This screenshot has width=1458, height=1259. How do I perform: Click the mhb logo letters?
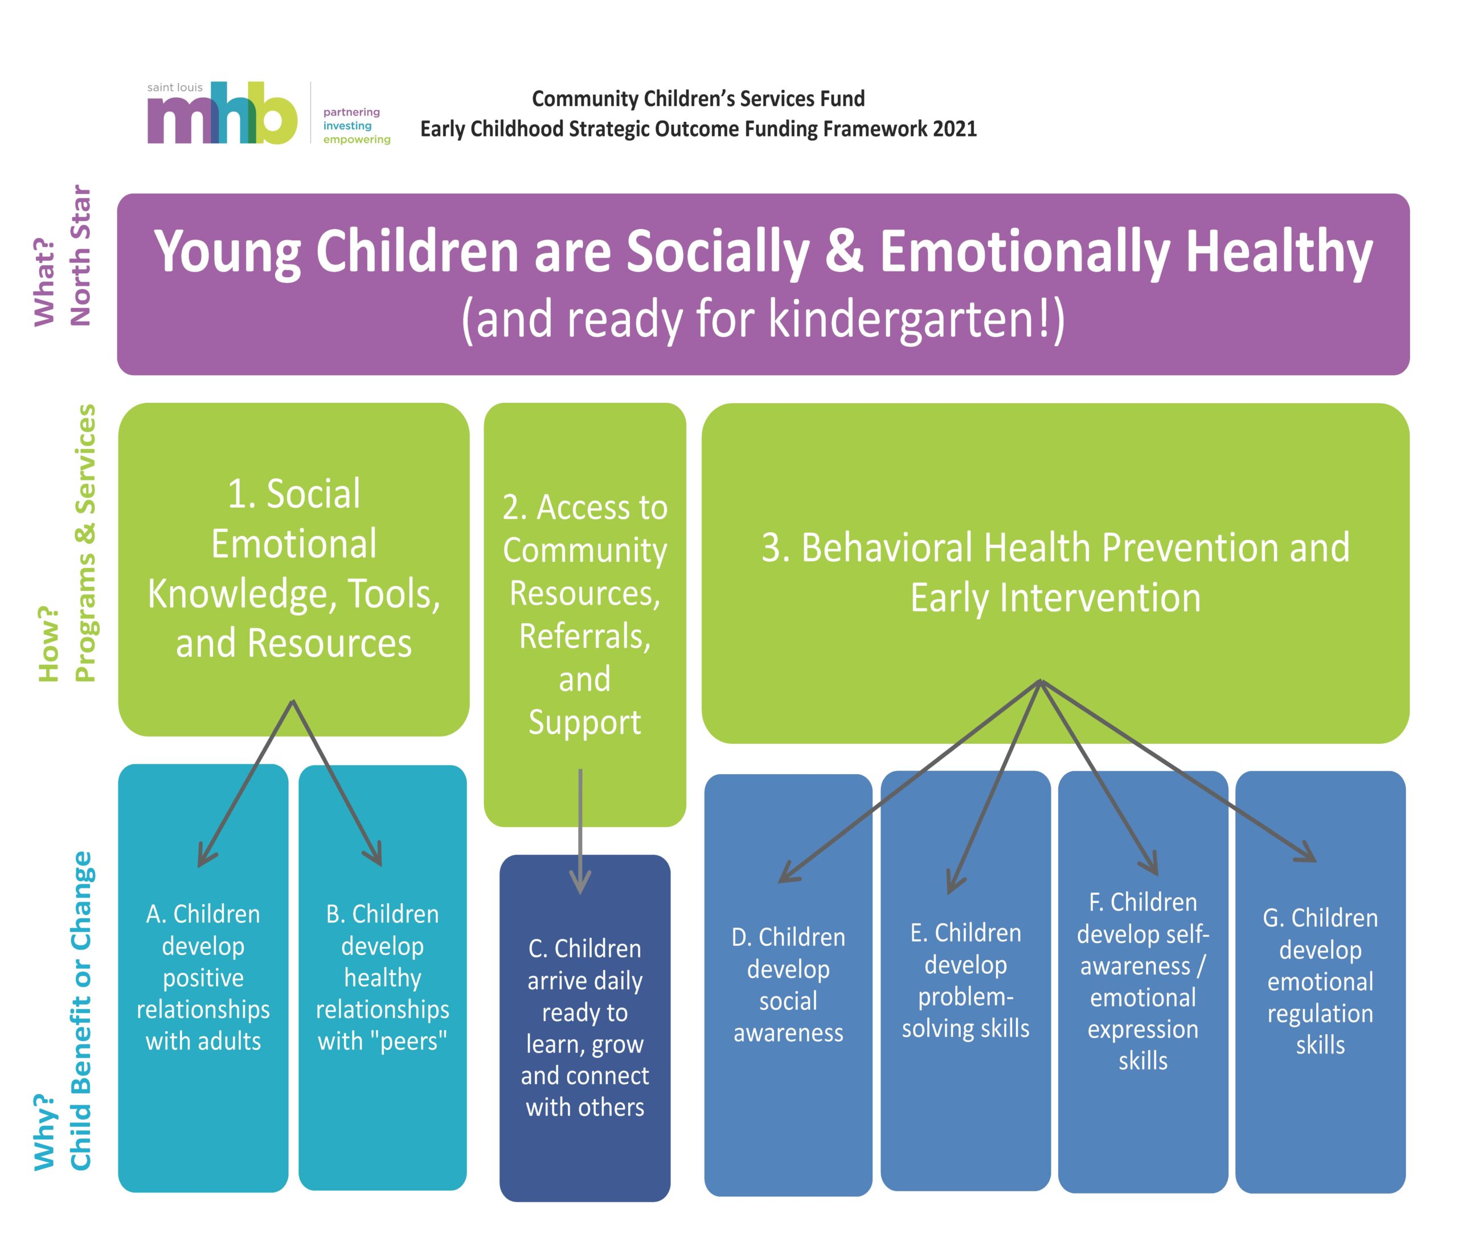(x=222, y=113)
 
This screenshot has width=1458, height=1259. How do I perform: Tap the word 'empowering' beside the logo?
(x=357, y=140)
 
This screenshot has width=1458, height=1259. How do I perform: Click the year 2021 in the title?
(x=955, y=129)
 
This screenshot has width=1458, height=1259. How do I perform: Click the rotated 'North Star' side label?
(x=80, y=256)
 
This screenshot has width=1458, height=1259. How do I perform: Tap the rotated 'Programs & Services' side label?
(x=84, y=543)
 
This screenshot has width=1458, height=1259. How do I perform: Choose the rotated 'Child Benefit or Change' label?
(x=80, y=1011)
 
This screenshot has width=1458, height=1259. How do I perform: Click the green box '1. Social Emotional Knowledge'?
(x=293, y=569)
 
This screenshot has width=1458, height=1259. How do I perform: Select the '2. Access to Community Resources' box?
(x=585, y=614)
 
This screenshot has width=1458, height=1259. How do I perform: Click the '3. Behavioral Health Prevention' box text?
(x=1055, y=573)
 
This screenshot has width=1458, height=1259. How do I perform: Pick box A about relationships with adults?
(x=203, y=978)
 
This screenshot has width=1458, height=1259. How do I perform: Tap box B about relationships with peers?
(x=383, y=978)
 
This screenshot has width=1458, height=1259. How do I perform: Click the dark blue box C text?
(x=585, y=1027)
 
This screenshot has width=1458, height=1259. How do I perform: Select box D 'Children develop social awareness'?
(x=788, y=985)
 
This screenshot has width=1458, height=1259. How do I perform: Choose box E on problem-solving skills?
(x=965, y=981)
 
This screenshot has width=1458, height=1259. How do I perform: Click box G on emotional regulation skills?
(x=1320, y=982)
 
